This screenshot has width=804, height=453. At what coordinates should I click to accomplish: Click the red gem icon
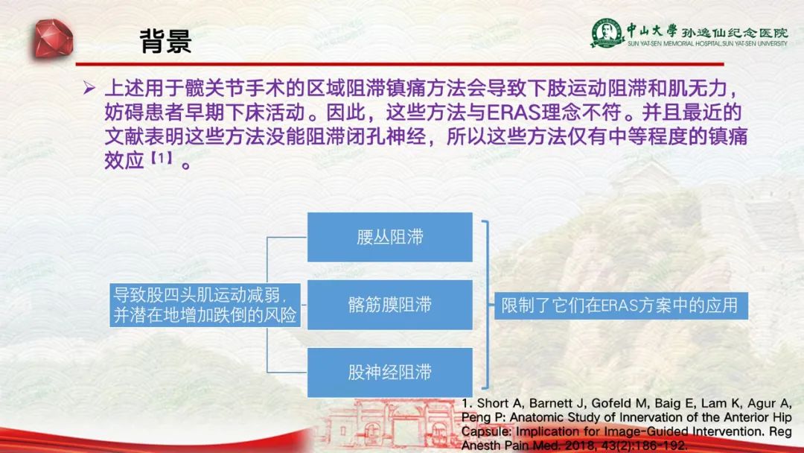tap(54, 38)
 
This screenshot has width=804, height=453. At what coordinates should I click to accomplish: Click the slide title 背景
tap(165, 41)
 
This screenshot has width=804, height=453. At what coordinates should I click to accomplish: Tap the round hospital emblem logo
tap(607, 33)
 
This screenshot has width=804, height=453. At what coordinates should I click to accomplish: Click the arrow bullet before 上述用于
tap(89, 88)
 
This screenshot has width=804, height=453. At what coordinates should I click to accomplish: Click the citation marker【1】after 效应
tap(161, 158)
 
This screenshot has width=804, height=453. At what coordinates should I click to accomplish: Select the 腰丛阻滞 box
tap(389, 237)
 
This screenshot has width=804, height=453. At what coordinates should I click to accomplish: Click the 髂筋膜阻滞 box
tap(389, 305)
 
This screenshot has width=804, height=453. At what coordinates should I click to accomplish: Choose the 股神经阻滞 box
tap(389, 373)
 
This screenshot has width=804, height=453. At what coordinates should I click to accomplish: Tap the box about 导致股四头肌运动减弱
tap(205, 305)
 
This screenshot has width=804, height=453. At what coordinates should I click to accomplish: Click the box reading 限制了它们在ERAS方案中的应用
tap(620, 305)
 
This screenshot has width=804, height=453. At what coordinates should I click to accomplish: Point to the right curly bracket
tap(486, 305)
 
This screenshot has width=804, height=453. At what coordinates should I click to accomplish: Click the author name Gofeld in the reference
tap(609, 403)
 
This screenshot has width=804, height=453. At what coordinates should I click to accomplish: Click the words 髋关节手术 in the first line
tap(256, 88)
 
